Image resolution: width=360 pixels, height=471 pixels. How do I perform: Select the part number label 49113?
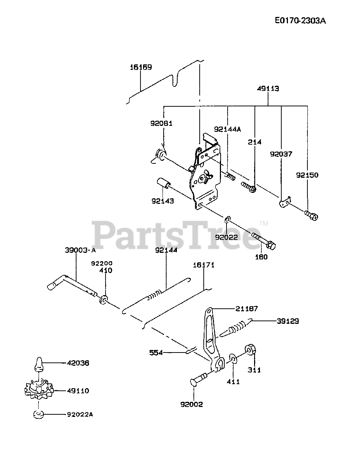268,89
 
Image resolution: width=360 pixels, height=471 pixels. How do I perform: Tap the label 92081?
161,124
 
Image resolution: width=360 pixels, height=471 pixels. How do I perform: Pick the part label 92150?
307,175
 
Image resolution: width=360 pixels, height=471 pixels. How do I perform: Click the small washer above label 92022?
228,220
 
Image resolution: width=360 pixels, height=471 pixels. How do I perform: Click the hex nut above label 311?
251,349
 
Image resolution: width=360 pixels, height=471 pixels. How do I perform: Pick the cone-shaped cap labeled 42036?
38,363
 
